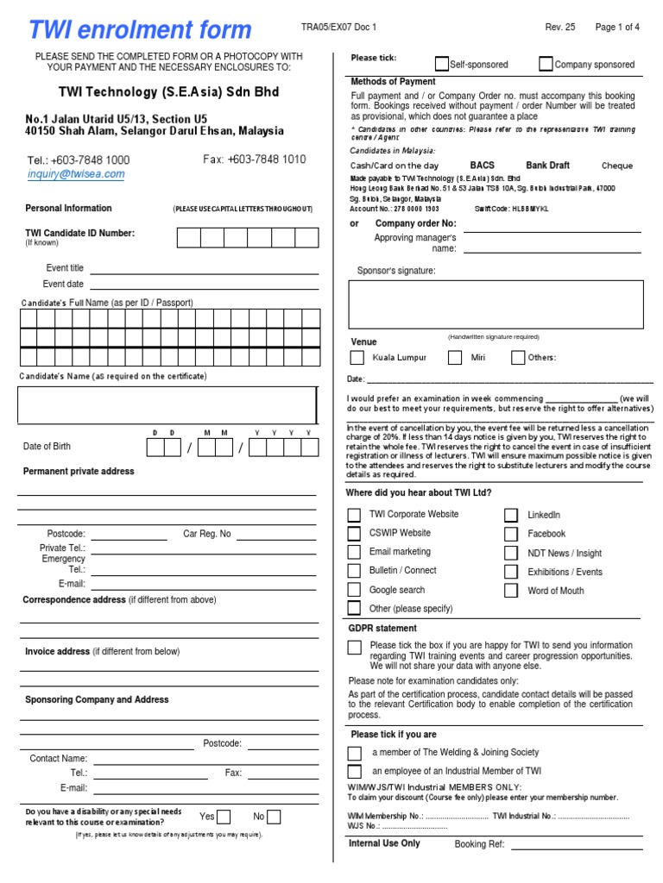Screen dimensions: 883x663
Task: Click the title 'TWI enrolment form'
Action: pyautogui.click(x=140, y=31)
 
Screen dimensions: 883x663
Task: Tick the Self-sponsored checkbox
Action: pyautogui.click(x=442, y=64)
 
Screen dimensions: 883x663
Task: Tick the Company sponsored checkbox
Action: pyautogui.click(x=546, y=64)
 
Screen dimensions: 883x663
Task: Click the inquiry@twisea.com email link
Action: pyautogui.click(x=76, y=174)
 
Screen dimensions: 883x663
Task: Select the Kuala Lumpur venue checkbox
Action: pyautogui.click(x=357, y=357)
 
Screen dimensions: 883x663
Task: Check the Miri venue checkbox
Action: pyautogui.click(x=455, y=357)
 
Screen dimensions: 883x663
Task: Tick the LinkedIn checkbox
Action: pyautogui.click(x=511, y=515)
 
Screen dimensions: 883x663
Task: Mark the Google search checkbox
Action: pyautogui.click(x=354, y=590)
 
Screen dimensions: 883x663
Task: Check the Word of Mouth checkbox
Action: pyautogui.click(x=511, y=591)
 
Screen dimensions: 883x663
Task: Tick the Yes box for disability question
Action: pyautogui.click(x=224, y=817)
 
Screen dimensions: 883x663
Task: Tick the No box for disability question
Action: pyautogui.click(x=274, y=817)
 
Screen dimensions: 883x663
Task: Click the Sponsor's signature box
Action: pyautogui.click(x=496, y=304)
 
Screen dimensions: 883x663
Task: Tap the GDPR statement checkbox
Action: pyautogui.click(x=354, y=648)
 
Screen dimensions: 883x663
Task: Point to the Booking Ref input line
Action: pyautogui.click(x=577, y=844)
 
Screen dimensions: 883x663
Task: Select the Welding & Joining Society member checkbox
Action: pyautogui.click(x=354, y=753)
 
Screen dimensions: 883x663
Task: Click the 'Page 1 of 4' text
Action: pyautogui.click(x=617, y=28)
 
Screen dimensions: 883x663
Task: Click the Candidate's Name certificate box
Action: pyautogui.click(x=167, y=405)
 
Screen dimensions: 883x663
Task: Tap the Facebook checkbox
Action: pyautogui.click(x=511, y=534)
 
